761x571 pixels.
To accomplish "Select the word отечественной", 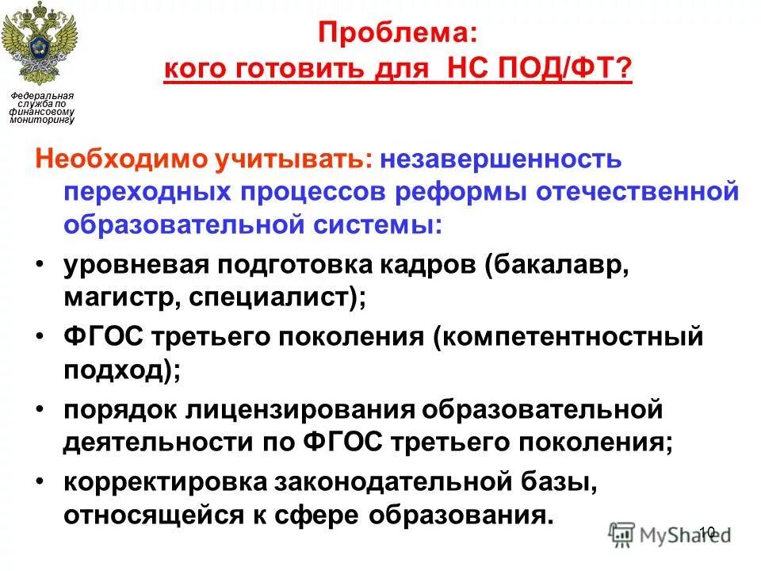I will (x=642, y=193).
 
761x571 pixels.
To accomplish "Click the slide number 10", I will (x=708, y=532).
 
